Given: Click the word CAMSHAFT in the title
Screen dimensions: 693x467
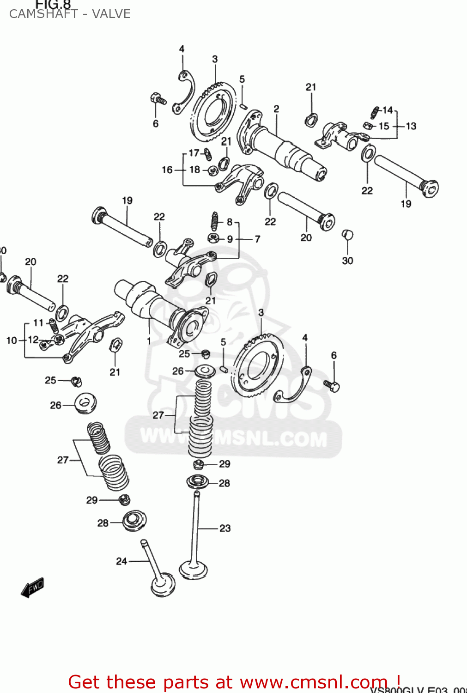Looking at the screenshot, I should tap(43, 14).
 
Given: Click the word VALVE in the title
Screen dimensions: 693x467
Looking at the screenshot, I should tap(111, 14).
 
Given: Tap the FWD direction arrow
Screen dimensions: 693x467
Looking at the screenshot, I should tap(33, 588).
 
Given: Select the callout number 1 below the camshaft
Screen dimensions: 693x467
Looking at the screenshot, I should tap(149, 341).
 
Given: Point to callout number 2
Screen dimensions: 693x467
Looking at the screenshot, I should tap(276, 109).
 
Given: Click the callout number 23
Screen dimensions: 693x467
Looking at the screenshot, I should tap(225, 528).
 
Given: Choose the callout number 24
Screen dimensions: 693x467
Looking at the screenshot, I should tap(121, 561).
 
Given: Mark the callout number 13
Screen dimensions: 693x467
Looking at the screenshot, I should tap(411, 126).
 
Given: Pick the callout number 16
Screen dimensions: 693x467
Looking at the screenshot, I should tap(167, 170).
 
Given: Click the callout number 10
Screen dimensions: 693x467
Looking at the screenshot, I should tap(12, 340).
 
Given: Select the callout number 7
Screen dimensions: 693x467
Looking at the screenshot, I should tap(257, 239).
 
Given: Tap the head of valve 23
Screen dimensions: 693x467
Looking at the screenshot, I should tap(193, 569).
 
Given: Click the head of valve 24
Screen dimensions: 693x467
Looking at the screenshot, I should tap(163, 586).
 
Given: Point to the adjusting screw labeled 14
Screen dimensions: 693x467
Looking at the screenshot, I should tap(375, 112).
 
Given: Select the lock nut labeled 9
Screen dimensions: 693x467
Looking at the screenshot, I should tap(213, 238).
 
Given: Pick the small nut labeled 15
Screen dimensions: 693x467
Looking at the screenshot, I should tap(368, 126).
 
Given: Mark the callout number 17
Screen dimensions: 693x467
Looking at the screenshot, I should tap(194, 153).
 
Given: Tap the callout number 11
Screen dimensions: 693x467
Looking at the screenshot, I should tap(38, 323).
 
